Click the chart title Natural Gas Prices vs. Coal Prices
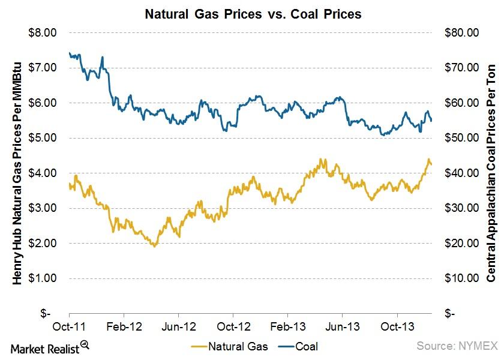253,13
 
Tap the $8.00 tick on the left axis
44,32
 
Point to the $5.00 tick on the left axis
44,138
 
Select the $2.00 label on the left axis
44,244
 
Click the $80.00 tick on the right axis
460,32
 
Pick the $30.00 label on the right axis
460,208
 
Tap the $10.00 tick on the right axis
460,278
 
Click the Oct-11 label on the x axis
70,328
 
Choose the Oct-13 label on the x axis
397,328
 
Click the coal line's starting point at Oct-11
70,53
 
